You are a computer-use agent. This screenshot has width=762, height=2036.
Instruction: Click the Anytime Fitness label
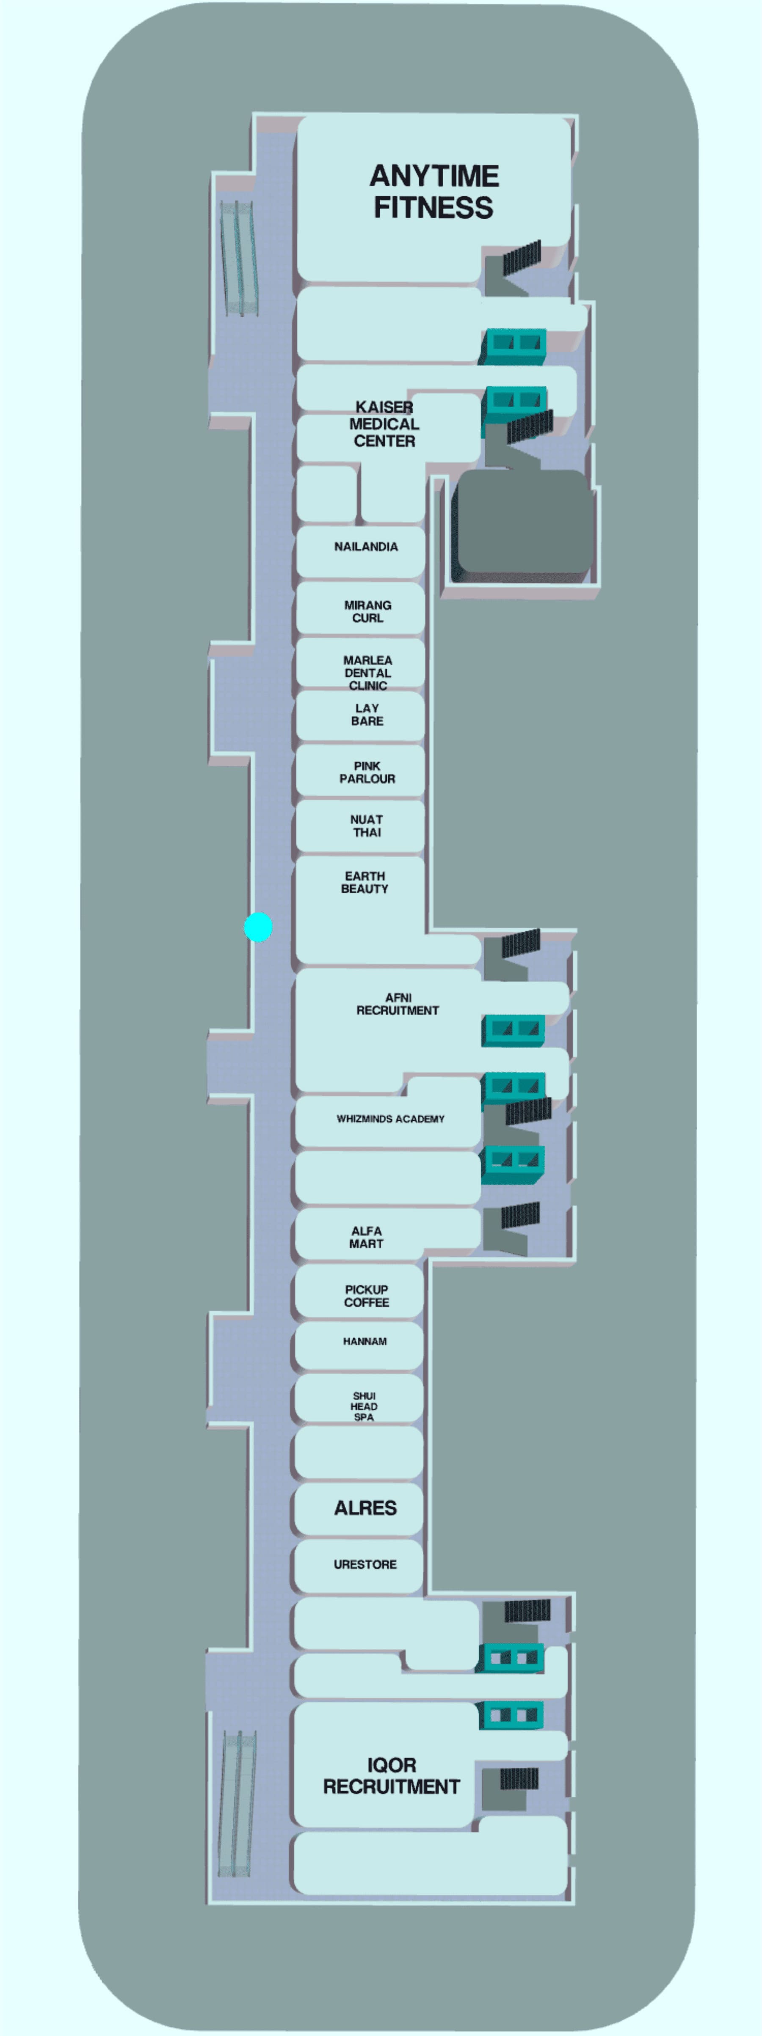pyautogui.click(x=434, y=191)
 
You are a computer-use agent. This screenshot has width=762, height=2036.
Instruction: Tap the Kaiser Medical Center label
pyautogui.click(x=384, y=424)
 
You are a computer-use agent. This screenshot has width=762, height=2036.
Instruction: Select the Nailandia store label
pyautogui.click(x=366, y=546)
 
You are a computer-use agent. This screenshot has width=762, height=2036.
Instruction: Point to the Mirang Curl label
pyautogui.click(x=367, y=611)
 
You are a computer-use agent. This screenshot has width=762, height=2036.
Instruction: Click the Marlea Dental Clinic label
pyautogui.click(x=367, y=673)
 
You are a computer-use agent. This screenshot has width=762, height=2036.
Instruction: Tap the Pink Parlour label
pyautogui.click(x=367, y=772)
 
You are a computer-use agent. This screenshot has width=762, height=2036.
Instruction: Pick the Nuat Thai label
pyautogui.click(x=367, y=826)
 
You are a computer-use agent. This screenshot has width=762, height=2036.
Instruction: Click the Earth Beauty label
pyautogui.click(x=364, y=882)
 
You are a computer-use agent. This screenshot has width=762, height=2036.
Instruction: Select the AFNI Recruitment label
pyautogui.click(x=398, y=1004)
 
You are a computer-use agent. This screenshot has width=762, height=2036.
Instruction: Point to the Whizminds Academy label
pyautogui.click(x=390, y=1118)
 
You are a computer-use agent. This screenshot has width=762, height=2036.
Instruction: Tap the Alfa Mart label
pyautogui.click(x=366, y=1237)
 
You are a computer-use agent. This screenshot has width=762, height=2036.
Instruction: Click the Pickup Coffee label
pyautogui.click(x=367, y=1296)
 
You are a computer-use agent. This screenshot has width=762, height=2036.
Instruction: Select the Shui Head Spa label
pyautogui.click(x=364, y=1406)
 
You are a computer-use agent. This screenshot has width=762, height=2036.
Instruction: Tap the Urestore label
pyautogui.click(x=365, y=1564)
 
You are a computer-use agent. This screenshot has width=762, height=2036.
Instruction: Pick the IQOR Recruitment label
pyautogui.click(x=391, y=1775)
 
